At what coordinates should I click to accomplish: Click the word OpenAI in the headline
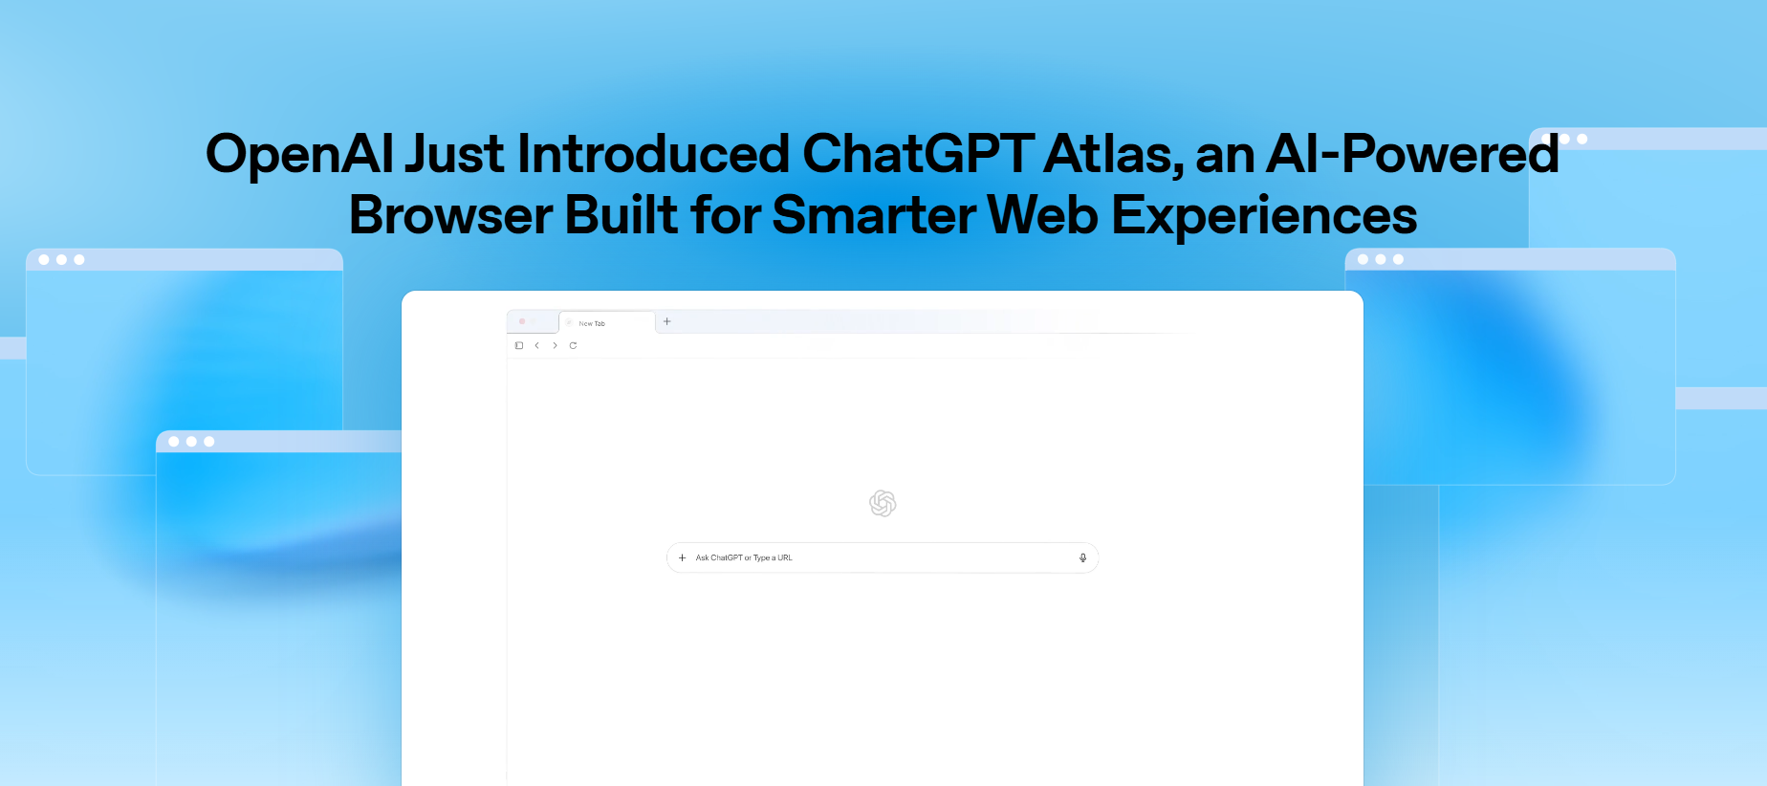tap(299, 155)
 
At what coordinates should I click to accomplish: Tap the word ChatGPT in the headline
tap(917, 155)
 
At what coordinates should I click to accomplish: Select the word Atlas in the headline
tap(1112, 155)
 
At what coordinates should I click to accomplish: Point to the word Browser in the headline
tap(450, 215)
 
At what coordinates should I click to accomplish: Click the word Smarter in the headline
tap(873, 215)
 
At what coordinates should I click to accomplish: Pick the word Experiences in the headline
tap(1263, 215)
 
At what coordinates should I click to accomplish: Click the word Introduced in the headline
tap(653, 155)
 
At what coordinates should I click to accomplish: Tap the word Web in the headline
tap(1042, 215)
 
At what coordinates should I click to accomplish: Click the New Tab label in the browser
tap(592, 323)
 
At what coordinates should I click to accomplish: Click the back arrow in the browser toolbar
tap(537, 345)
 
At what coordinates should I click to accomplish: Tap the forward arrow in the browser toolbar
tap(555, 345)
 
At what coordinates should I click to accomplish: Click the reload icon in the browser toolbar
tap(573, 345)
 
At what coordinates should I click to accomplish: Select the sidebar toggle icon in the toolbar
tap(519, 345)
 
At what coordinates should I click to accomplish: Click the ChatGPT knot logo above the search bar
tap(883, 503)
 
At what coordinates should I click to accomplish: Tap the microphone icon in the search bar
tap(1082, 557)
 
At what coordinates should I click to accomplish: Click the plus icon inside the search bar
tap(682, 557)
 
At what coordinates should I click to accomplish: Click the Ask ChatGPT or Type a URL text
tap(744, 557)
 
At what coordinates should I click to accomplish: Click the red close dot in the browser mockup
tap(522, 321)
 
